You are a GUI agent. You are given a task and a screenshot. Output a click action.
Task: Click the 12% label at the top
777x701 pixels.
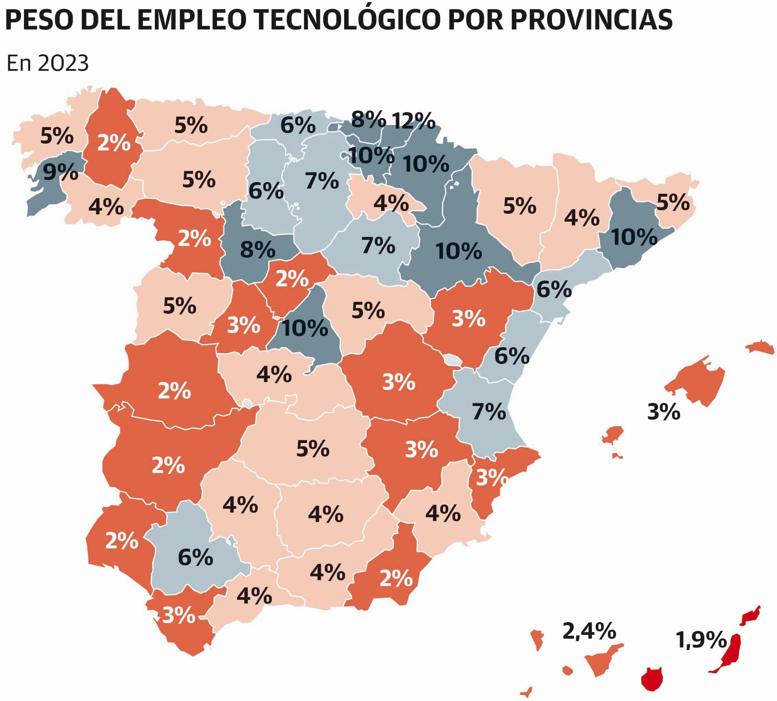tap(414, 121)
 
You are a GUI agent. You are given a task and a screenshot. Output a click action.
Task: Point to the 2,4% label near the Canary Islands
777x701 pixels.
tap(589, 631)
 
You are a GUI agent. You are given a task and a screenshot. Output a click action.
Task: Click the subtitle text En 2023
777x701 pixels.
tap(48, 63)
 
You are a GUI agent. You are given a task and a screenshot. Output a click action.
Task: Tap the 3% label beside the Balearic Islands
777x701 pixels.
tap(663, 412)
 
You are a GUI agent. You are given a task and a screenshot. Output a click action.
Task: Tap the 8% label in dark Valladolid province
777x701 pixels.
tap(257, 249)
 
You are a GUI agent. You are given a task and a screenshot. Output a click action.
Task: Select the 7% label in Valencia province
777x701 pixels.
tap(489, 412)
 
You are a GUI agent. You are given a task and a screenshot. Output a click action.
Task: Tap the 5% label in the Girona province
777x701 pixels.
tap(673, 202)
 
